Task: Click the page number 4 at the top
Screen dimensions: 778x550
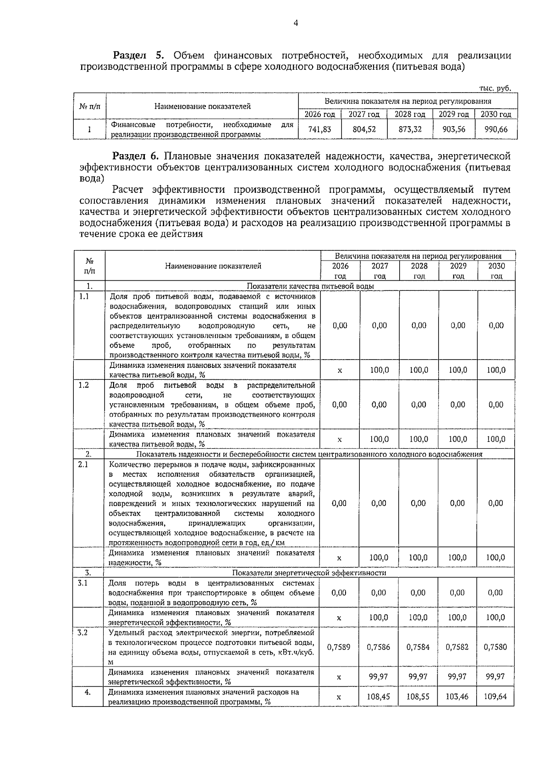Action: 295,23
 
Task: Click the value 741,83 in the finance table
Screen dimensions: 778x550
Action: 319,129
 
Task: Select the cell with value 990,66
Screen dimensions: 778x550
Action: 496,129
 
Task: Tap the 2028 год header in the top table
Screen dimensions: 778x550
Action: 410,114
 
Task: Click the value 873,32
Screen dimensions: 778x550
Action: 410,129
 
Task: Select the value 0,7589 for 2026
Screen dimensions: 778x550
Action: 339,647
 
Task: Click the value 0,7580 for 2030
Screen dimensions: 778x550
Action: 495,647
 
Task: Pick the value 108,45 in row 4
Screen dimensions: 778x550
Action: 379,696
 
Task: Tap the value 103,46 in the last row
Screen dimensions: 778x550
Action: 457,696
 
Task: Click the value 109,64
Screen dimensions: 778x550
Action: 495,696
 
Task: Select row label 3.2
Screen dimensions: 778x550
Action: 82,633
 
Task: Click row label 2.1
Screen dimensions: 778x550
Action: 83,464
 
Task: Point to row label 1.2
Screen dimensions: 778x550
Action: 83,385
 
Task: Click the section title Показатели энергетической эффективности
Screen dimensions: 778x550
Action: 309,573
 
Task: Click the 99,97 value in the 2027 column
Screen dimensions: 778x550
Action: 379,677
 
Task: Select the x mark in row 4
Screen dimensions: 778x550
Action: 339,697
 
